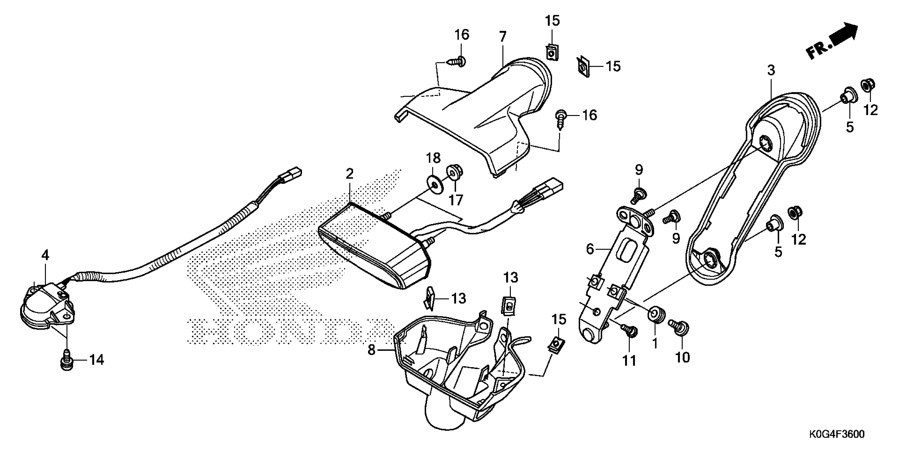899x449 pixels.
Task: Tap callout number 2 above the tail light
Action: point(350,173)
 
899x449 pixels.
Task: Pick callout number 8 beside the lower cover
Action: point(371,350)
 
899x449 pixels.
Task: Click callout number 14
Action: point(97,360)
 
